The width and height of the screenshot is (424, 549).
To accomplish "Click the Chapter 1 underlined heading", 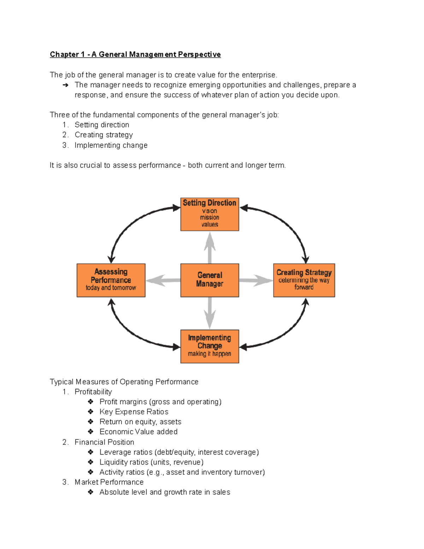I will (135, 54).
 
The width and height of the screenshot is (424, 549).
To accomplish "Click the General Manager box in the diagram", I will (210, 280).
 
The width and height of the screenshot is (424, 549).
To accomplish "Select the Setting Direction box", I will (210, 214).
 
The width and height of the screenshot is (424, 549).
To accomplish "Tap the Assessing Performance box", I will (111, 280).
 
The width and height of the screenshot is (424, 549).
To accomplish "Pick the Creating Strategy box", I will (304, 280).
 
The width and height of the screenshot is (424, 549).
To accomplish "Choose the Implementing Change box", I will (210, 346).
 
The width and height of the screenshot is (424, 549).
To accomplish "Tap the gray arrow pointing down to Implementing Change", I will (210, 313).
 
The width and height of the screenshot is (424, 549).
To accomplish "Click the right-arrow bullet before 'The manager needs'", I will (65, 85).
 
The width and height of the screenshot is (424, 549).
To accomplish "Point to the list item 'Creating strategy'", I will (104, 135).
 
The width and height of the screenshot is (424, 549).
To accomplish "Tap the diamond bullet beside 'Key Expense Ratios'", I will (91, 411).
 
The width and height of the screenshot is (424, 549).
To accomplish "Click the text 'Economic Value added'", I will (139, 432).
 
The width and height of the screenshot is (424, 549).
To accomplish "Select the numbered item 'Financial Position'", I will (104, 442).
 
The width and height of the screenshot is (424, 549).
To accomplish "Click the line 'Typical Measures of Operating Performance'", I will (124, 382).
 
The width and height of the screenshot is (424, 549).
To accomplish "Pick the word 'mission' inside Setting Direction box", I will (210, 217).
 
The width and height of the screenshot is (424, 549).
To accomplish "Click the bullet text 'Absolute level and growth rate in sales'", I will (165, 492).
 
